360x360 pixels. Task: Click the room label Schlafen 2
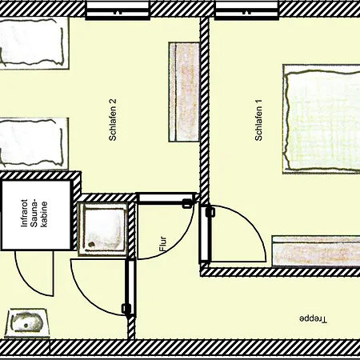click(113, 120)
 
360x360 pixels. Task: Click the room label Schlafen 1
click(258, 120)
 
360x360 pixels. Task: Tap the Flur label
click(163, 244)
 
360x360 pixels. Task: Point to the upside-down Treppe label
click(313, 319)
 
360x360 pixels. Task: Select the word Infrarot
click(24, 213)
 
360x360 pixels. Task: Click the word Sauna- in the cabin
click(34, 213)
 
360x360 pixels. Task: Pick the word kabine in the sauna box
click(44, 214)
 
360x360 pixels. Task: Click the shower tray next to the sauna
click(102, 229)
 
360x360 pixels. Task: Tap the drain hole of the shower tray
click(92, 244)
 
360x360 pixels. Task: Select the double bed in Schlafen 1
click(322, 119)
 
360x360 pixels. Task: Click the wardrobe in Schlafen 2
click(184, 92)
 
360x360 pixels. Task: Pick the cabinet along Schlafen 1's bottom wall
click(316, 251)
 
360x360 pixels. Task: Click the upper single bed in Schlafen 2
click(34, 43)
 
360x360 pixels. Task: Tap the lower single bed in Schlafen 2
click(34, 143)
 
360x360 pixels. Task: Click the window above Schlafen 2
click(118, 10)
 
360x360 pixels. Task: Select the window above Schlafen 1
click(246, 10)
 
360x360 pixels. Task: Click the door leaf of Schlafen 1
click(205, 234)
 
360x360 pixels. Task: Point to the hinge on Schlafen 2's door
click(187, 203)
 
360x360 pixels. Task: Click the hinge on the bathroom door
click(126, 309)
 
